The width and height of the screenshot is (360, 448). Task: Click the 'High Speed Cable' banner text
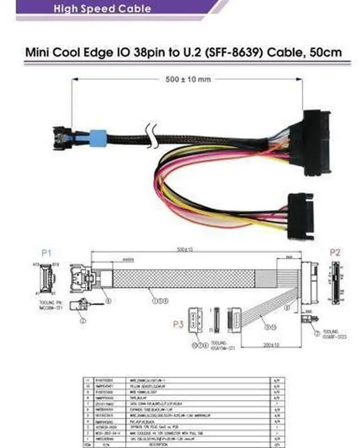click(x=102, y=8)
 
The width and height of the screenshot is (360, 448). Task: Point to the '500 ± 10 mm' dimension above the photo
click(x=188, y=79)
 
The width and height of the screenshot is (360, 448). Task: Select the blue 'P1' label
click(x=46, y=254)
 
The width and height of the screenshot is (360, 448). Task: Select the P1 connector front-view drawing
click(x=46, y=279)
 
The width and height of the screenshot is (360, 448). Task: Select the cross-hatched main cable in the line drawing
click(x=186, y=281)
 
